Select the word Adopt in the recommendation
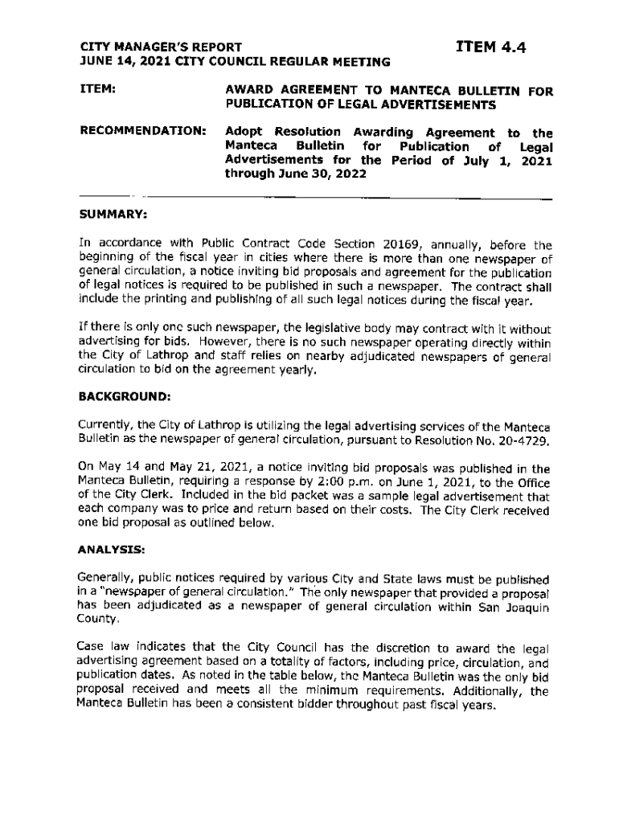(244, 131)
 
